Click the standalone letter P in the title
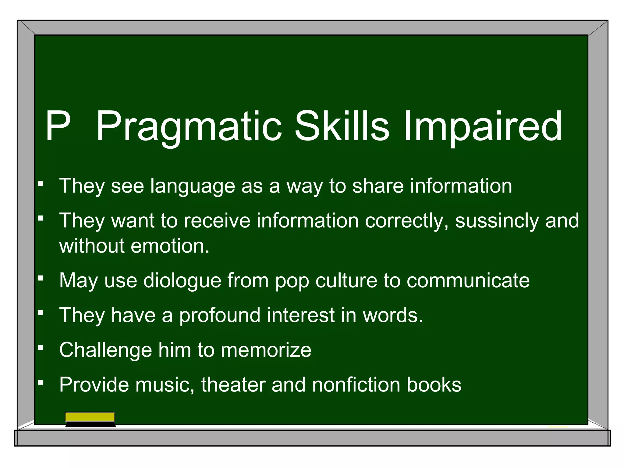pos(58,126)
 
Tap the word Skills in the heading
pos(342,126)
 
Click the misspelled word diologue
pos(182,280)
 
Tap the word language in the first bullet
pos(193,186)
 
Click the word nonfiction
pos(356,385)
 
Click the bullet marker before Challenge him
pos(40,347)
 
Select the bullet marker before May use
pos(40,278)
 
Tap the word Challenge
pos(105,350)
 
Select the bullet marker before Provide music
pos(40,381)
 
